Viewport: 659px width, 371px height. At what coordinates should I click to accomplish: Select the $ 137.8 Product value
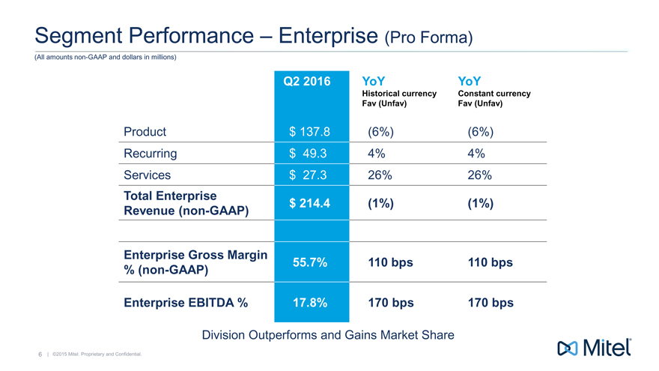pyautogui.click(x=309, y=132)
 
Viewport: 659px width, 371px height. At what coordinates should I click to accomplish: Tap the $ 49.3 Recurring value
pyautogui.click(x=309, y=154)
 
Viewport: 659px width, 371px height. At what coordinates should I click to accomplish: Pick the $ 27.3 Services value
pyautogui.click(x=309, y=175)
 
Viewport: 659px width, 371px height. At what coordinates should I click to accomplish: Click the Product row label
pyautogui.click(x=145, y=132)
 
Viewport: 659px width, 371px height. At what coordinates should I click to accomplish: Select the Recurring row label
pyautogui.click(x=151, y=154)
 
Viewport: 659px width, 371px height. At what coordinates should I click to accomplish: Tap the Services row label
pyautogui.click(x=148, y=175)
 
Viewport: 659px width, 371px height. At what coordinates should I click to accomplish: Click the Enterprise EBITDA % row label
pyautogui.click(x=186, y=304)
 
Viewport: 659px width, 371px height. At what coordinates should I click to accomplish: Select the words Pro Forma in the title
pyautogui.click(x=428, y=37)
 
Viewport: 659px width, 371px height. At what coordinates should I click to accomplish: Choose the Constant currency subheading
pyautogui.click(x=494, y=94)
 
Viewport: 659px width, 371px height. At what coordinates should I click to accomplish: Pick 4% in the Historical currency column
pyautogui.click(x=376, y=154)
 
